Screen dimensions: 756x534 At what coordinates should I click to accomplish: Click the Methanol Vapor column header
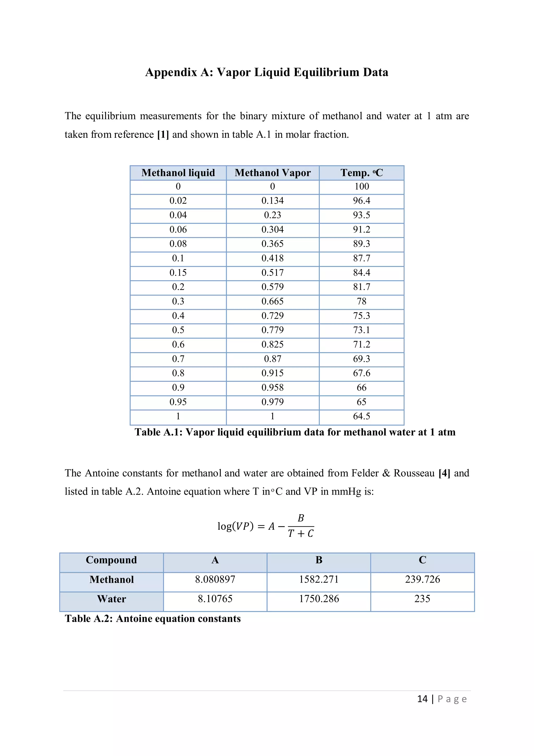pyautogui.click(x=272, y=173)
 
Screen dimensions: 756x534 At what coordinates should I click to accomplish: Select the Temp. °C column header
pyautogui.click(x=361, y=173)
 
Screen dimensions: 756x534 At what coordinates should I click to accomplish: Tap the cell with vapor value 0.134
pyautogui.click(x=272, y=200)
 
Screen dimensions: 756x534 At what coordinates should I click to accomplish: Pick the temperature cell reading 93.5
pyautogui.click(x=361, y=215)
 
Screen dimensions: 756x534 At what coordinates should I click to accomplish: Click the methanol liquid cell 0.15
pyautogui.click(x=178, y=273)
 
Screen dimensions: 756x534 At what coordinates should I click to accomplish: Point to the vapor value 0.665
pyautogui.click(x=272, y=301)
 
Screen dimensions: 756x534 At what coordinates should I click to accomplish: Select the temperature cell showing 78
pyautogui.click(x=361, y=301)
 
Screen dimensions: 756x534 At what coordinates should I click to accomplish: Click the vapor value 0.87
pyautogui.click(x=272, y=359)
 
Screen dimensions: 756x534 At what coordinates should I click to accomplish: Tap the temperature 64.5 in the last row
pyautogui.click(x=361, y=416)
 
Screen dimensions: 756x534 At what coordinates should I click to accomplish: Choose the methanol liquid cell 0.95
pyautogui.click(x=178, y=402)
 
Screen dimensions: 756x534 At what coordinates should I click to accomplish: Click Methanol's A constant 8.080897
pyautogui.click(x=215, y=579)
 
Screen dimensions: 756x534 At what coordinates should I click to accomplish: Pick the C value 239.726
pyautogui.click(x=422, y=579)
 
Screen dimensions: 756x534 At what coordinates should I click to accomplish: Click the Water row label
pyautogui.click(x=112, y=599)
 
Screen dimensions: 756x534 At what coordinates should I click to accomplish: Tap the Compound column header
pyautogui.click(x=111, y=560)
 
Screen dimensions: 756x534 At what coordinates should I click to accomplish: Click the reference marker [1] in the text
pyautogui.click(x=163, y=135)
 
